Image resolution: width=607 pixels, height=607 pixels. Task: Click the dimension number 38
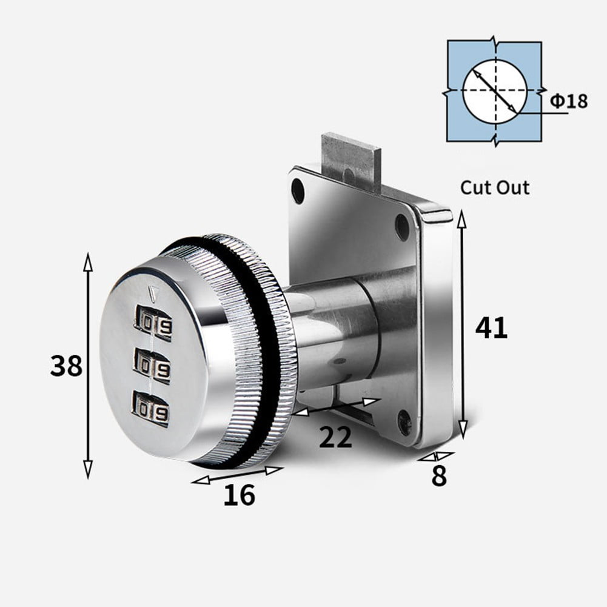[x=66, y=366]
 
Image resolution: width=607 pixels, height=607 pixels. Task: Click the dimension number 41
[x=491, y=328]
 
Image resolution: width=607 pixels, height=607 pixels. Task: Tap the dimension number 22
[x=335, y=437]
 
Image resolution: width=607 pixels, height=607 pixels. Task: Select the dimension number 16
[x=239, y=495]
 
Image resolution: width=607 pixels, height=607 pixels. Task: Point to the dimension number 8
[x=438, y=477]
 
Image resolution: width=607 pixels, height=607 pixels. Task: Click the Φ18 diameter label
[x=569, y=101]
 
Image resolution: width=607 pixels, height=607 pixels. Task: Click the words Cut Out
[x=494, y=187]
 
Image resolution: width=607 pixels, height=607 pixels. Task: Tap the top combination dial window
[x=153, y=323]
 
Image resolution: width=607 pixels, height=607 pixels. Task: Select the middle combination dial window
[x=152, y=366]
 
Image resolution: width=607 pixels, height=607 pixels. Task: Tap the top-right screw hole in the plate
[x=402, y=227]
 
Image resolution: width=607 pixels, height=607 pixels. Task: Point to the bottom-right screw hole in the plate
[x=404, y=421]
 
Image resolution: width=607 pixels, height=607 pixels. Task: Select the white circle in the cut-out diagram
[x=494, y=91]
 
